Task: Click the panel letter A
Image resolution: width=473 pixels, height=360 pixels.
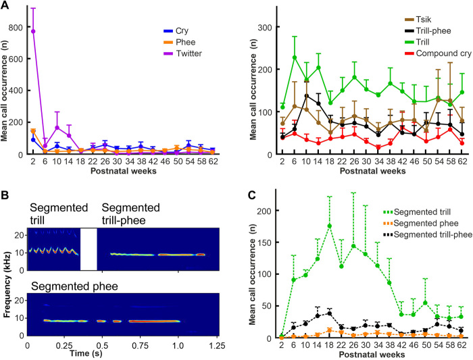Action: [5, 6]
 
